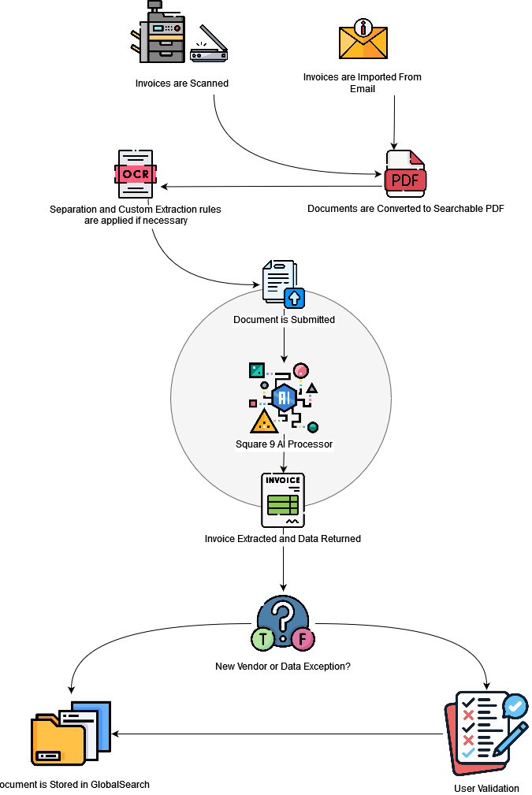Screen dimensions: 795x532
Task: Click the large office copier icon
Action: tap(162, 32)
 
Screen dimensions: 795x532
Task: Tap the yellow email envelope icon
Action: tap(363, 41)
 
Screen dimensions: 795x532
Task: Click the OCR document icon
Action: tap(136, 174)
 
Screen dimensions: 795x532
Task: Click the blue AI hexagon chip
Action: tap(284, 398)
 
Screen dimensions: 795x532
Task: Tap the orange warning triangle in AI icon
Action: tap(263, 422)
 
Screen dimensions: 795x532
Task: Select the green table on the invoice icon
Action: tap(282, 505)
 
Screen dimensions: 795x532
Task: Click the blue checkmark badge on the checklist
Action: tap(515, 705)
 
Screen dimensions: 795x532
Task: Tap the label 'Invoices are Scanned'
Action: tap(182, 83)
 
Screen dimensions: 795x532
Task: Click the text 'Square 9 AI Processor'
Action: tap(284, 444)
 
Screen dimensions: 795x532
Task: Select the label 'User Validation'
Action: tap(486, 788)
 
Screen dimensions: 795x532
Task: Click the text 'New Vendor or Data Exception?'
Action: tap(283, 667)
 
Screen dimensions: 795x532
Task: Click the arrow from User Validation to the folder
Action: tap(276, 734)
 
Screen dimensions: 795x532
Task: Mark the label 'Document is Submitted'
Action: tap(284, 320)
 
